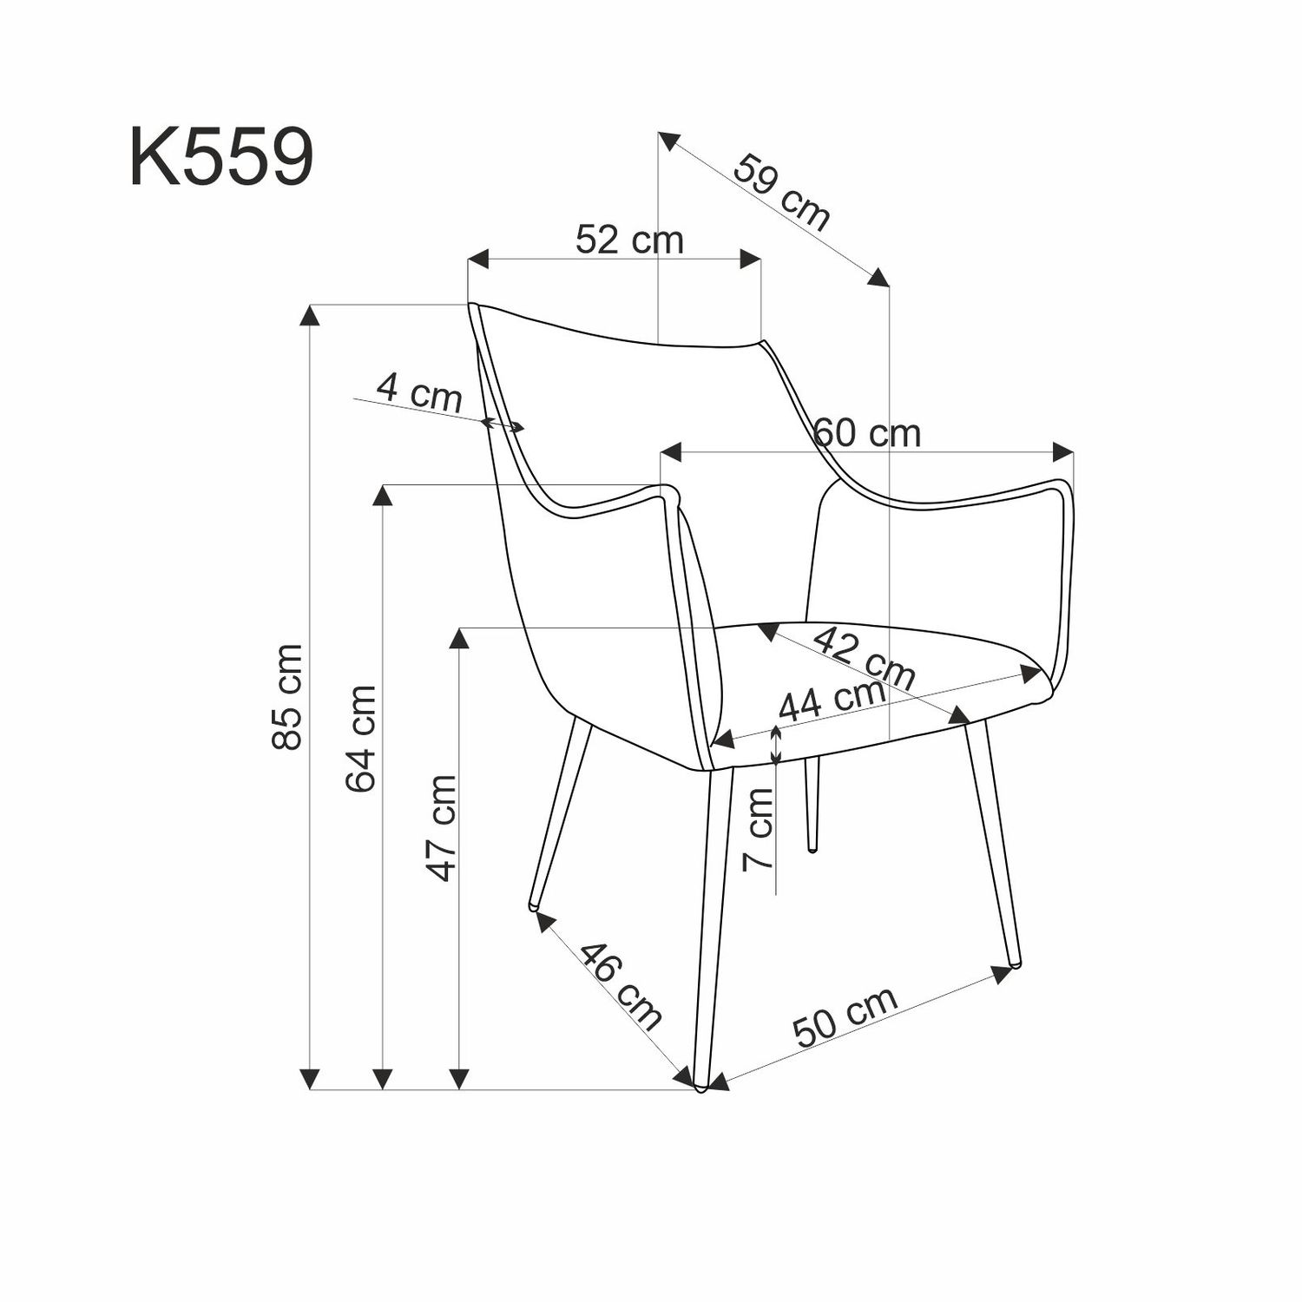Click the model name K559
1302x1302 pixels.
tap(221, 157)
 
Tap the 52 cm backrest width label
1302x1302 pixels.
tap(629, 240)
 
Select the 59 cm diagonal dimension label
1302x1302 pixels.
tap(781, 193)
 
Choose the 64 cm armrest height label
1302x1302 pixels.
tap(361, 738)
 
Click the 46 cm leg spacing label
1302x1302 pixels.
tap(620, 985)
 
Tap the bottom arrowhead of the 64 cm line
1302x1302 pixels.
tap(383, 1079)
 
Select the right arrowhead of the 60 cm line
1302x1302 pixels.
tap(1063, 451)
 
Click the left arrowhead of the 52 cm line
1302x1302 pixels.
tap(478, 259)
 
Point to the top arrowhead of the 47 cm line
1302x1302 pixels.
tap(459, 638)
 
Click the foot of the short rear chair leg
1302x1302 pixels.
tap(812, 846)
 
